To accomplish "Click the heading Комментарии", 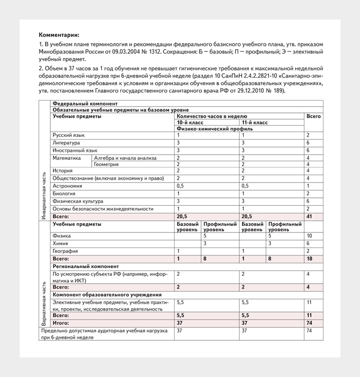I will (x=59, y=35).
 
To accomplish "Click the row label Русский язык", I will (x=69, y=135).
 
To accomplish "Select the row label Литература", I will (x=66, y=143).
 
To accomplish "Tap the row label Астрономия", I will (x=68, y=186).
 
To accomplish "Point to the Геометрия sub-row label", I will (x=106, y=165).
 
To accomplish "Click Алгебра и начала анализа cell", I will (x=125, y=158).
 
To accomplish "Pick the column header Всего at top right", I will (x=314, y=117).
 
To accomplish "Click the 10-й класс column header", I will (x=190, y=123).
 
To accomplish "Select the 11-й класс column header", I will (x=255, y=123).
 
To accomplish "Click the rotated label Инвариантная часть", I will (x=44, y=195).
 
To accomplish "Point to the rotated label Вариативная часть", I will (x=44, y=303).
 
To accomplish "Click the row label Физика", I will (x=62, y=236).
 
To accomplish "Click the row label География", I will (x=65, y=251).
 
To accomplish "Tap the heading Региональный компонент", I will (x=86, y=267).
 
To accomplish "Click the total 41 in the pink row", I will (x=309, y=216).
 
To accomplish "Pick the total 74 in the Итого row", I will (x=309, y=323).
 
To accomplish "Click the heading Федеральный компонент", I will (x=85, y=104).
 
